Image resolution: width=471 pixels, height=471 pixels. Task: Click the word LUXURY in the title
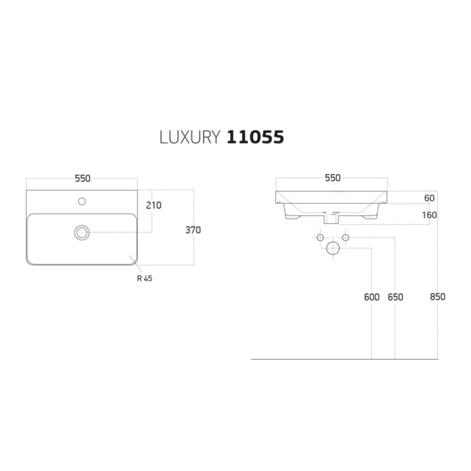pos(190,137)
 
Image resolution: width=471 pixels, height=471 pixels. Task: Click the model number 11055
pos(255,137)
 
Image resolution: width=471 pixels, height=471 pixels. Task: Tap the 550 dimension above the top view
pos(82,179)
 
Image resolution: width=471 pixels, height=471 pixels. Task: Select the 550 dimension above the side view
pos(332,178)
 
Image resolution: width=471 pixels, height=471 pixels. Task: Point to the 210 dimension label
pos(154,205)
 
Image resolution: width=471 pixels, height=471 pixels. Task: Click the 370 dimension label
pos(193,230)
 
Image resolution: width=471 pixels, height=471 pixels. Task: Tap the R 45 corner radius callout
pos(145,279)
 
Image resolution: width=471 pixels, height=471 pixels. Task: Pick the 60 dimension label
pos(429,198)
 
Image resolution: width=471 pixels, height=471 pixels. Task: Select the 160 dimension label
pos(429,215)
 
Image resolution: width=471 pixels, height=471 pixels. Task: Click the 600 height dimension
pos(372,297)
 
